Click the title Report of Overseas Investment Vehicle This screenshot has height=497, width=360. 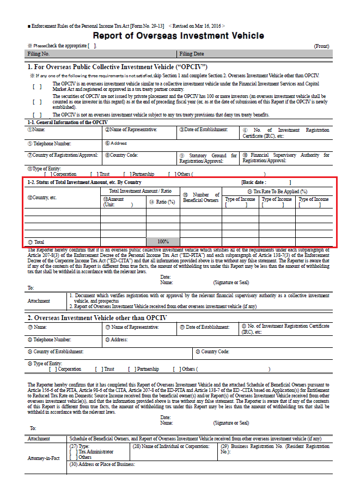coord(179,36)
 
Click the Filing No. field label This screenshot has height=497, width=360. coord(39,54)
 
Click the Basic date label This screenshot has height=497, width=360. coord(255,182)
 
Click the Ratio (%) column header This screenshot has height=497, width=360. coord(163,202)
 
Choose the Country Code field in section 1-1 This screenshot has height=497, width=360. coord(125,155)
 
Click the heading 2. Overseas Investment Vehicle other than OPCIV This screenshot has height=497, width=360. coord(97,317)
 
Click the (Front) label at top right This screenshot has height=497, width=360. coord(321,46)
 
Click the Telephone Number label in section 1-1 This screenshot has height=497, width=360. coord(50,143)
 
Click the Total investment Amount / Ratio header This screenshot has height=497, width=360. coord(140,191)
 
